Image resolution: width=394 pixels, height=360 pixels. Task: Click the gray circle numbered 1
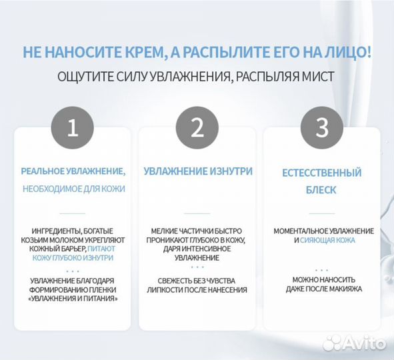point(73,128)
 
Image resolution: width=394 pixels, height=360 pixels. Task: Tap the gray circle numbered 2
point(197,128)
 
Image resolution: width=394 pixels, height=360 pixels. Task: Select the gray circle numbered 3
point(322,128)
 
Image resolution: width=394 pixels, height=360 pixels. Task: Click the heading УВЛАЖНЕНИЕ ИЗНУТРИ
point(198,171)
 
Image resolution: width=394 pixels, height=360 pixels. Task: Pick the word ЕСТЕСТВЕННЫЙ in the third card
point(322,173)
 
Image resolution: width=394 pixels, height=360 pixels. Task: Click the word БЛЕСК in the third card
point(322,190)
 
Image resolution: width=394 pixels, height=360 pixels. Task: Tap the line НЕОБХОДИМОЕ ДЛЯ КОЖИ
point(73,189)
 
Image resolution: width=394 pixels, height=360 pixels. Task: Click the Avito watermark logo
point(353,343)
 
